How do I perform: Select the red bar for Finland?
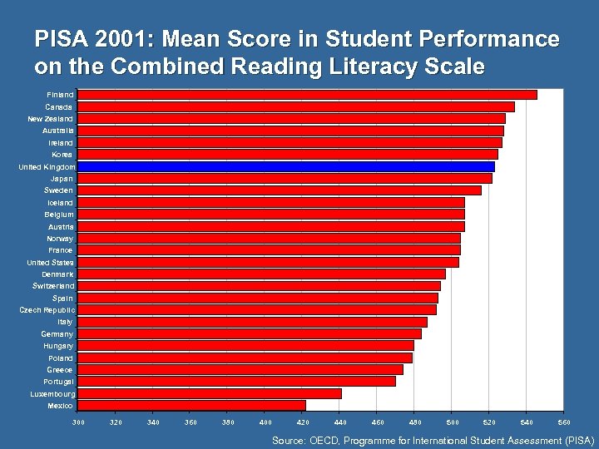[x=307, y=95]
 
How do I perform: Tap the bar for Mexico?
[x=191, y=405]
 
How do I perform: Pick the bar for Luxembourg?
[x=209, y=393]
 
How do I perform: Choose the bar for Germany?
[x=249, y=333]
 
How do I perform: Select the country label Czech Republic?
[x=47, y=309]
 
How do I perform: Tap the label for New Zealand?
[x=50, y=119]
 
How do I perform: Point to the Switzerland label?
[x=52, y=286]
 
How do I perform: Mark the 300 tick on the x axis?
[x=78, y=423]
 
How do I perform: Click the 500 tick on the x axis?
[x=451, y=423]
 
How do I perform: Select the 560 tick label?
[x=563, y=423]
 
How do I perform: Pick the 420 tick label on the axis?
[x=302, y=423]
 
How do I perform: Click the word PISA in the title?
[x=61, y=40]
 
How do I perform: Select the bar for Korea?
[x=287, y=155]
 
